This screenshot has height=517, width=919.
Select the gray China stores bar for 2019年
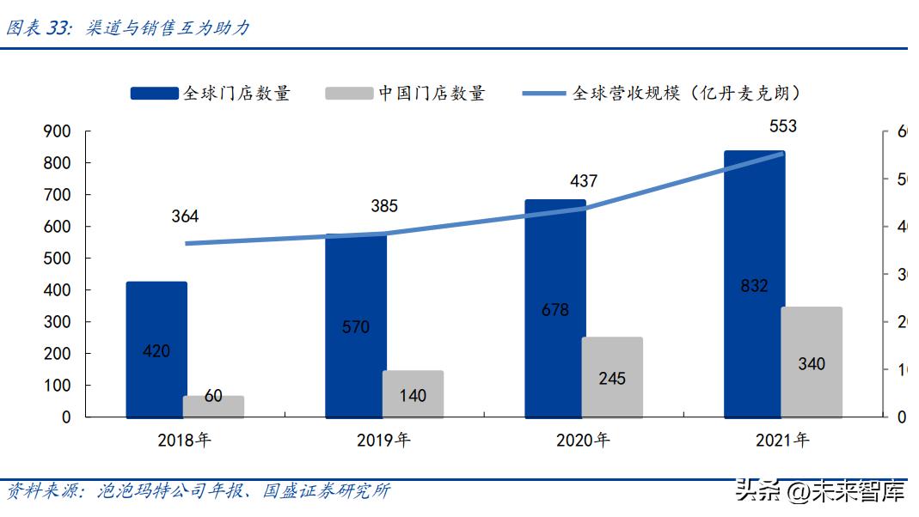413,394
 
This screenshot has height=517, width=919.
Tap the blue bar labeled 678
555,309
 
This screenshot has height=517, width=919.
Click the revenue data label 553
782,126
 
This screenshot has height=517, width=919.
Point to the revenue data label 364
185,216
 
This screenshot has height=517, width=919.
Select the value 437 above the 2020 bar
583,181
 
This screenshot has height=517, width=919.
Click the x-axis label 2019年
383,441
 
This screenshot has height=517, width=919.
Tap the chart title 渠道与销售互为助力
168,28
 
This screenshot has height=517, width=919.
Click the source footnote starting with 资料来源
198,491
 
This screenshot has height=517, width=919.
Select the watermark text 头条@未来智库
819,492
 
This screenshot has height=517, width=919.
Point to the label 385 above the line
383,206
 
